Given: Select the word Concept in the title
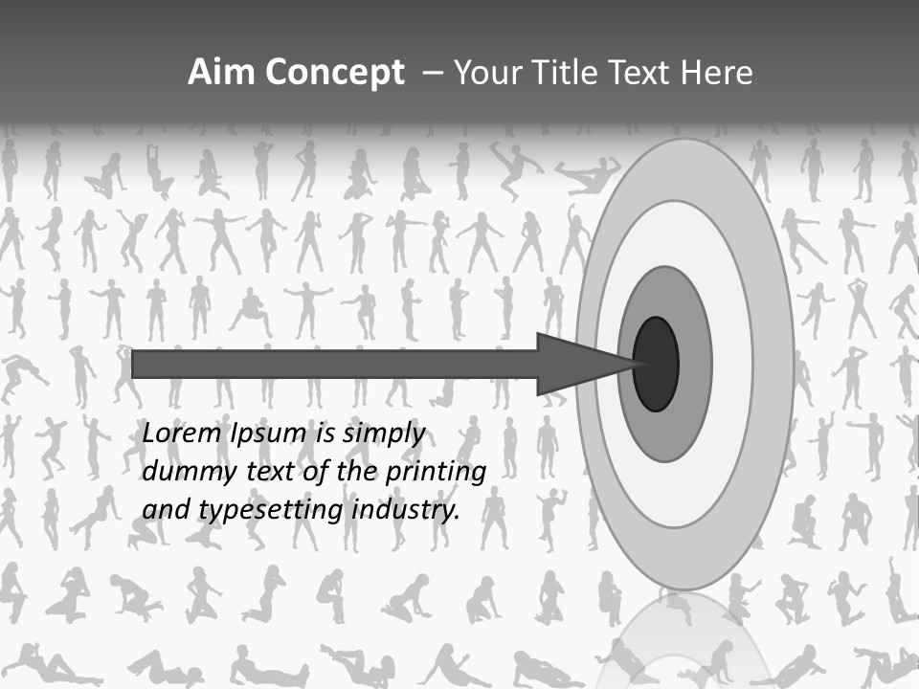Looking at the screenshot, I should [x=333, y=73].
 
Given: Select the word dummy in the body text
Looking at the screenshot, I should [x=183, y=472].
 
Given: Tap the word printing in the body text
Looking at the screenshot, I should [x=432, y=472].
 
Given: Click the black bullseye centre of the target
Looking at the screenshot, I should [x=656, y=364].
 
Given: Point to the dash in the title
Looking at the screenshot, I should [x=433, y=73].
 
